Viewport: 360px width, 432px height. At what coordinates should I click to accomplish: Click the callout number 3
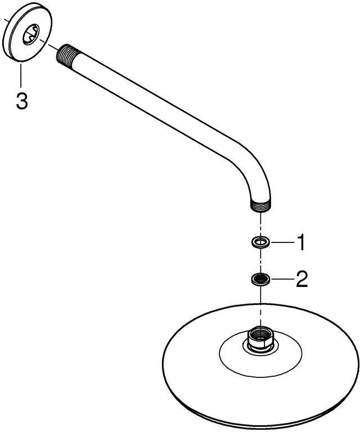(22, 101)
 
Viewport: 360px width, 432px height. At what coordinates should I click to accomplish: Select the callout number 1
(300, 242)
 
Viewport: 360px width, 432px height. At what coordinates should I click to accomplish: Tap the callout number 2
(301, 280)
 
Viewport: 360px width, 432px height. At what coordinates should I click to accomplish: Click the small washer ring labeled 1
(260, 242)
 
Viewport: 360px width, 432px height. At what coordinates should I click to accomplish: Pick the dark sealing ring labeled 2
(260, 279)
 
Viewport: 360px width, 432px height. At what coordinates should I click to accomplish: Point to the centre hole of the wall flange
(31, 34)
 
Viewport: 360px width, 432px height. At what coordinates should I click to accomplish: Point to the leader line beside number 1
(282, 242)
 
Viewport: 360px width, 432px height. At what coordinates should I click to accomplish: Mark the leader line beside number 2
(282, 280)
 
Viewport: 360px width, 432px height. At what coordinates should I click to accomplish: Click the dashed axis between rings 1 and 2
(260, 260)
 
